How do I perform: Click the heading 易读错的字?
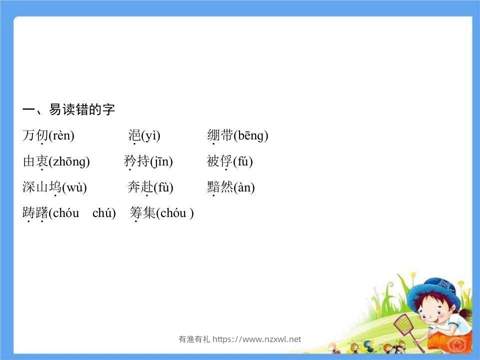tap(81, 110)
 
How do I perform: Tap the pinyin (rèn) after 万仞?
tap(61, 135)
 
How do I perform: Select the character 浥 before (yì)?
tap(134, 135)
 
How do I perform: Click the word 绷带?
tap(220, 135)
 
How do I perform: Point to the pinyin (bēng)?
tap(251, 135)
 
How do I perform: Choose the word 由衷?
tap(35, 161)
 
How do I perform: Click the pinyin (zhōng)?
tap(69, 161)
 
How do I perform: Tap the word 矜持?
tap(136, 161)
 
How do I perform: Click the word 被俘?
tap(220, 161)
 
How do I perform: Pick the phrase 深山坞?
tap(42, 187)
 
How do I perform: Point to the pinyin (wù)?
tap(74, 187)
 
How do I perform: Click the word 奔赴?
tap(140, 187)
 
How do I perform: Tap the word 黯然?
tap(220, 187)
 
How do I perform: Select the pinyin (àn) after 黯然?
tap(244, 187)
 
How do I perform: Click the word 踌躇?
tap(35, 213)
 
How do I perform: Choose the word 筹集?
tap(142, 213)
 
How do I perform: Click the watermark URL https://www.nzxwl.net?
tap(257, 339)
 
